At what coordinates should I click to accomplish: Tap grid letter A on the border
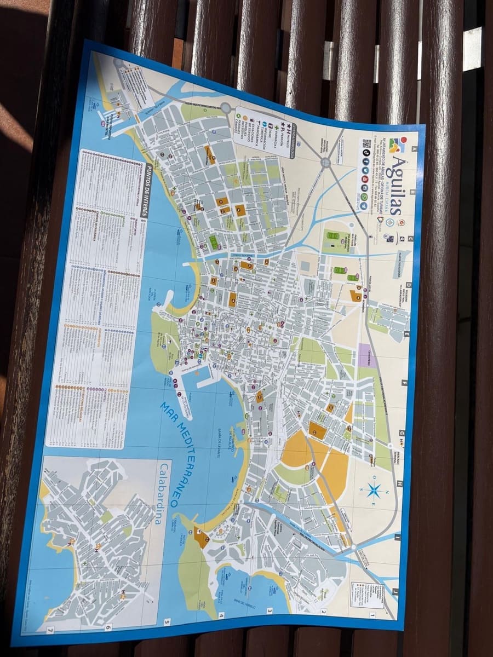(415, 148)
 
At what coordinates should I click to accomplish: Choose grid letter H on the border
(400, 484)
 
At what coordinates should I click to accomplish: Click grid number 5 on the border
(167, 622)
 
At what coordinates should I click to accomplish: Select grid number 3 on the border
(270, 611)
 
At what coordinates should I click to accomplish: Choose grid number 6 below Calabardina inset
(108, 627)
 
